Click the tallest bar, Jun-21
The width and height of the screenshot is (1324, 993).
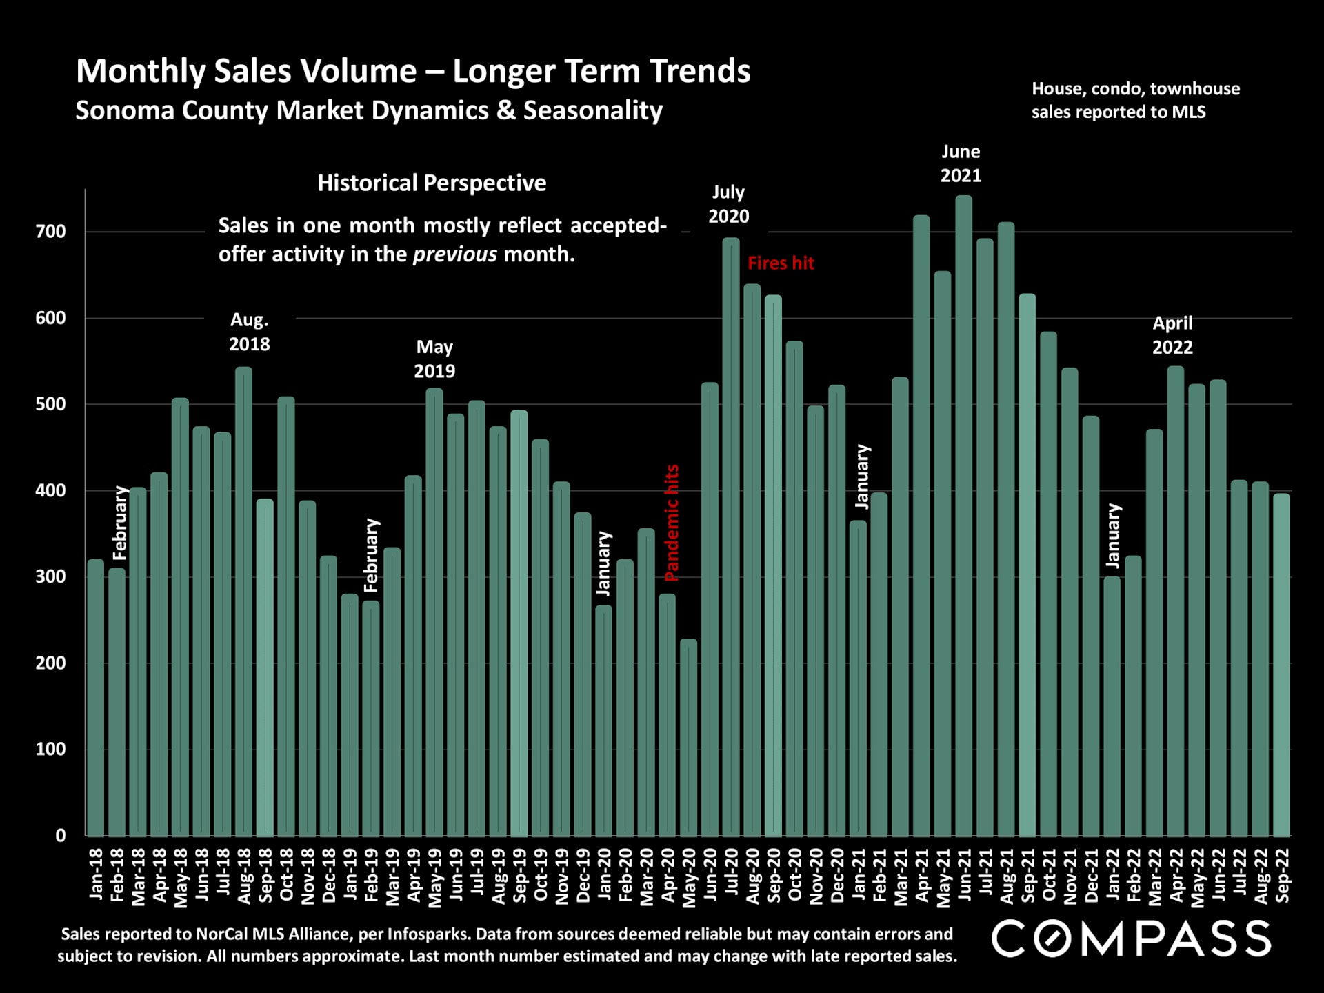(963, 517)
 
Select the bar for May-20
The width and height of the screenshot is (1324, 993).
(688, 738)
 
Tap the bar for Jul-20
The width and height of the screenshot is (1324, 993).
(731, 538)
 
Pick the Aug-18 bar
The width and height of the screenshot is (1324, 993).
(243, 600)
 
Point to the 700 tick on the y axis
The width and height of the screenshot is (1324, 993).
(50, 232)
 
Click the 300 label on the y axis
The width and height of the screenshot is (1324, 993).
(50, 576)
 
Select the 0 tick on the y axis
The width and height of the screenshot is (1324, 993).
(61, 836)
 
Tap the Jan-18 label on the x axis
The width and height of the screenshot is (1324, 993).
(97, 874)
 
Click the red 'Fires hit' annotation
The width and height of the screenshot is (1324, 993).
(781, 263)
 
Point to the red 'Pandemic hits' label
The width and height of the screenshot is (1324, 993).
(672, 523)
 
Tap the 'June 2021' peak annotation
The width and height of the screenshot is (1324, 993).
(961, 163)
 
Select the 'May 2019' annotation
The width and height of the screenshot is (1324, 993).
(434, 359)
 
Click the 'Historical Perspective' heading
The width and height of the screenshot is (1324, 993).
(432, 183)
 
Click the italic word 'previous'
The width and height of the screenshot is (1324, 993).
(454, 254)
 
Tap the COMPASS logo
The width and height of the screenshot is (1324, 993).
(1131, 939)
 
